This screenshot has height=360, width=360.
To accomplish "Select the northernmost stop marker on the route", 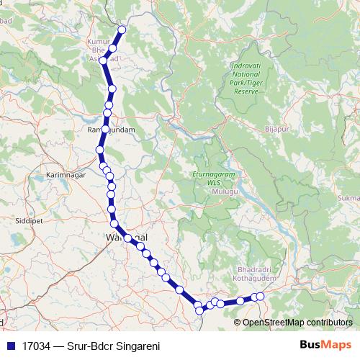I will (122, 30).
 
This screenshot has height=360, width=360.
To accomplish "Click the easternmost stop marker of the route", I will (261, 296).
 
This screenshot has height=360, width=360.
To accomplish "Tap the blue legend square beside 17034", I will (10, 345).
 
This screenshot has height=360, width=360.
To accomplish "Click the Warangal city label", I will (126, 236).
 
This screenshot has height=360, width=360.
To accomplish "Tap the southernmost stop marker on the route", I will (200, 311).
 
